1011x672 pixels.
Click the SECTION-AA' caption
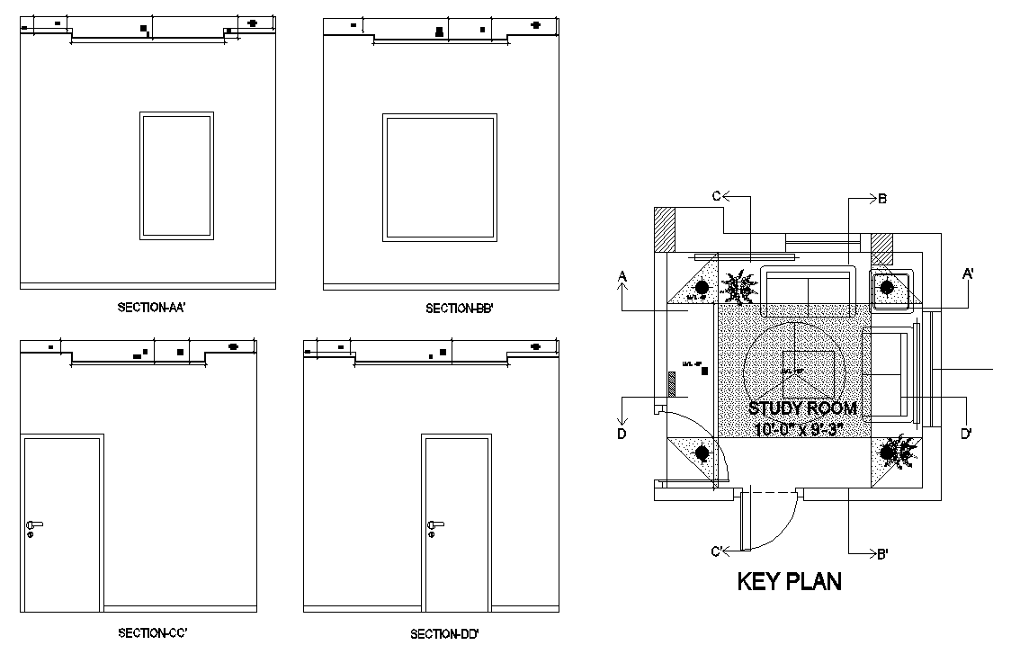tap(151, 308)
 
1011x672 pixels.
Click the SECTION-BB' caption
tap(459, 309)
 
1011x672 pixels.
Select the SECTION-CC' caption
tap(152, 632)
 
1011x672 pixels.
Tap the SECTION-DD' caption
tap(444, 634)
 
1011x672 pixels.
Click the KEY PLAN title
tap(789, 581)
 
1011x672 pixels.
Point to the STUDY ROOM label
tap(802, 408)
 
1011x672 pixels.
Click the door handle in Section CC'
tap(33, 525)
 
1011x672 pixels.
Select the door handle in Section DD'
tap(434, 525)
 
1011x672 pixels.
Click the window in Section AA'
tap(176, 175)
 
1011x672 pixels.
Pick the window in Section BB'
tap(440, 177)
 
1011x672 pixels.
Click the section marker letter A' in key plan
tap(969, 273)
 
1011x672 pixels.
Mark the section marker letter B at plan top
tap(882, 199)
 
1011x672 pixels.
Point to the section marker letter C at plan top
tap(717, 195)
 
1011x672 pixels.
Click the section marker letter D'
tap(965, 434)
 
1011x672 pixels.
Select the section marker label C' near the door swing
tap(719, 551)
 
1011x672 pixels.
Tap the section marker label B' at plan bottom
tap(882, 554)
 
